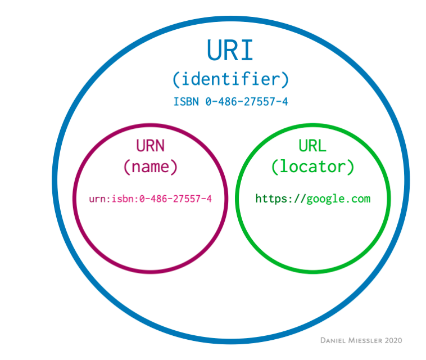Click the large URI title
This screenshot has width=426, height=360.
point(230,50)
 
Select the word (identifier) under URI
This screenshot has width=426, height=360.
point(230,79)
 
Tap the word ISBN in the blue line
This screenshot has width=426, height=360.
point(187,102)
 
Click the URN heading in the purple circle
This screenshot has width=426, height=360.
point(150,146)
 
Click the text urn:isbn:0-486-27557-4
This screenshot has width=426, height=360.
point(150,199)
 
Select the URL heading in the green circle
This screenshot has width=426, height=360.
point(312,146)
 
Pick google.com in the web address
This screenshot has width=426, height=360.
point(338,199)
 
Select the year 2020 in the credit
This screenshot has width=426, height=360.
point(393,340)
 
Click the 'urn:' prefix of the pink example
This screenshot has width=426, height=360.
point(99,199)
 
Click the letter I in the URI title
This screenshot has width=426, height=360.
point(248,50)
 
